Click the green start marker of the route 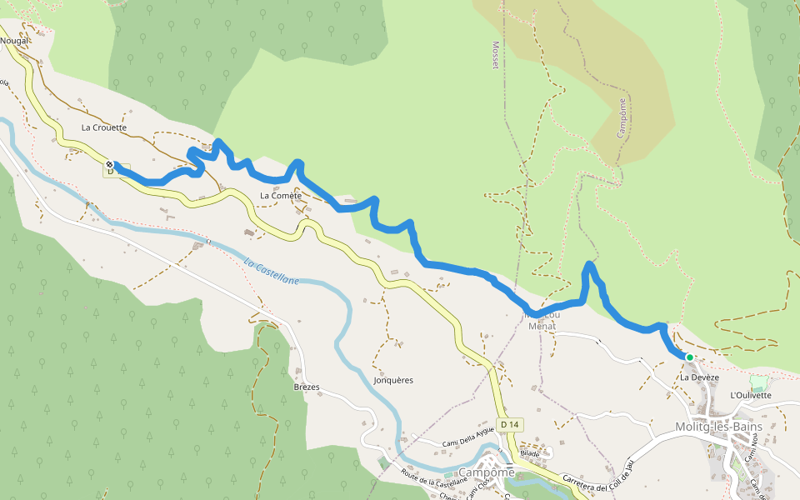689,357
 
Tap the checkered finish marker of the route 109,164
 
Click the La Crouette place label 104,127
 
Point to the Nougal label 14,40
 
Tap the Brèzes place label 307,387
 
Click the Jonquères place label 393,380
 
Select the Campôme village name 487,472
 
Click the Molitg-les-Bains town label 717,427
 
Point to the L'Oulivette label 750,395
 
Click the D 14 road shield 510,425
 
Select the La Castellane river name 272,272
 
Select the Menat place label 542,326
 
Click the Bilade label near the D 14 530,453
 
